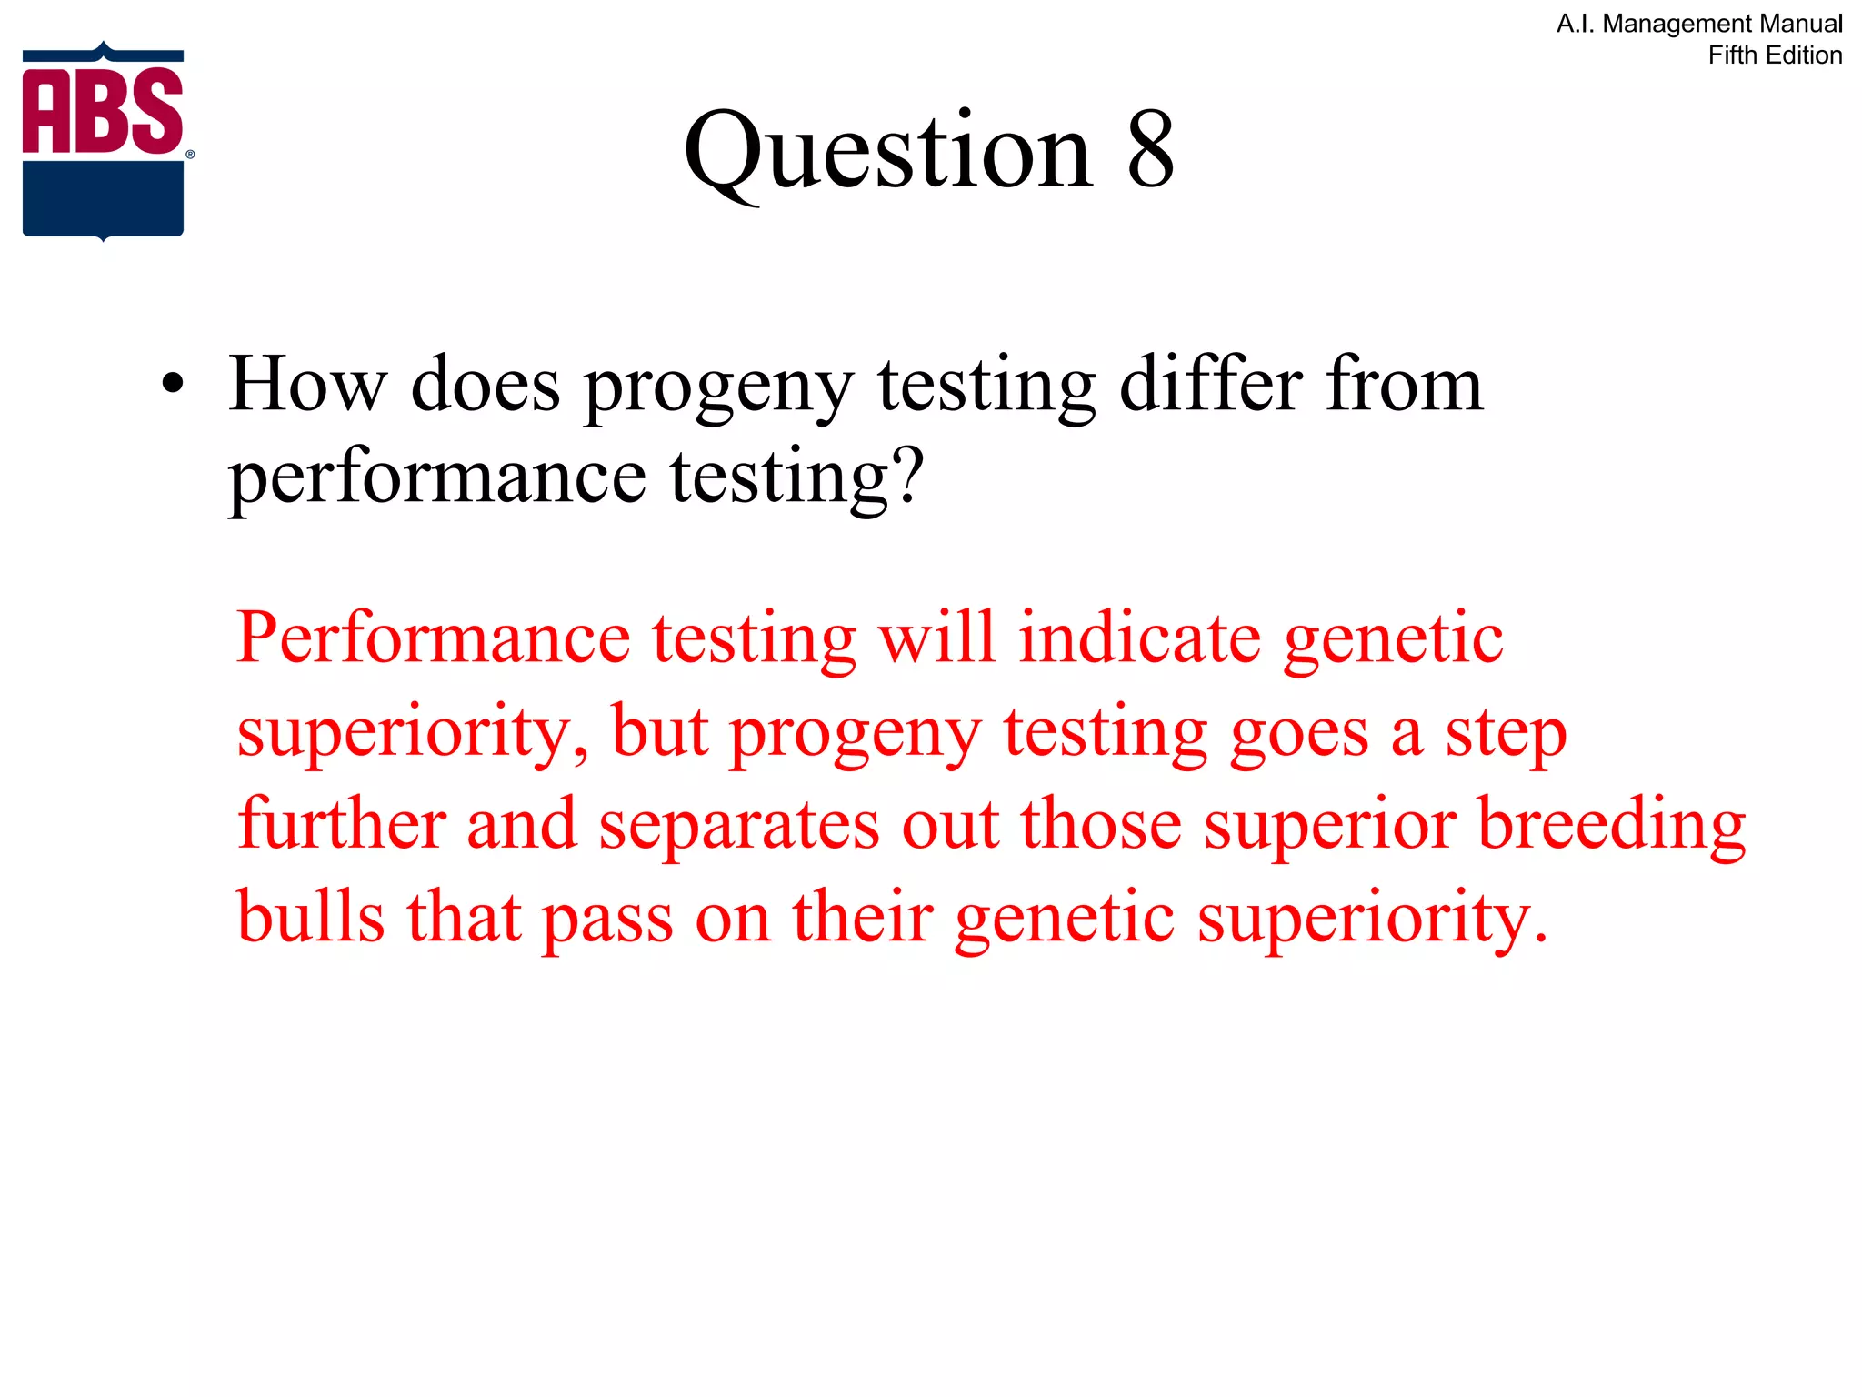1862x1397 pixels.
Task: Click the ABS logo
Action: (104, 141)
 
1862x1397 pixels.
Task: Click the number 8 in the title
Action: (1150, 150)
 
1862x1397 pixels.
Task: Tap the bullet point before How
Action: (173, 386)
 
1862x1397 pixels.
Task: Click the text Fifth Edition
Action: (1774, 55)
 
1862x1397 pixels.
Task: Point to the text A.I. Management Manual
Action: (1698, 24)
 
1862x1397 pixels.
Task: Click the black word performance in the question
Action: (437, 478)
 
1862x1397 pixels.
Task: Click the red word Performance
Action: (433, 638)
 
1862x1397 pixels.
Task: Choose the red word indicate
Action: (1139, 638)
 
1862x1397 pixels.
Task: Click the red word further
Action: (341, 823)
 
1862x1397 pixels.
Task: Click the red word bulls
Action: (310, 917)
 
